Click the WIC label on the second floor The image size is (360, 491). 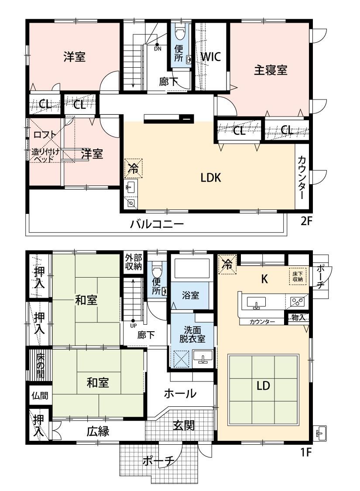[211, 57]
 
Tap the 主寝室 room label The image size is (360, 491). [271, 70]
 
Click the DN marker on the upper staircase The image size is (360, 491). [158, 49]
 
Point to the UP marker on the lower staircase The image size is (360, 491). [133, 326]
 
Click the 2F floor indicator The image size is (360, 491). [306, 221]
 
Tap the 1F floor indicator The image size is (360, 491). [306, 452]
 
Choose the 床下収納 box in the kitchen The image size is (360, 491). [298, 276]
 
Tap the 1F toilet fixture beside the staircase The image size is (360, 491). [156, 268]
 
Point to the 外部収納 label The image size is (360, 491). [134, 262]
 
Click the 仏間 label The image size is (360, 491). [40, 395]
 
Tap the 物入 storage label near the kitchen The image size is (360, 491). [298, 317]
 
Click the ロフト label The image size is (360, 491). [45, 135]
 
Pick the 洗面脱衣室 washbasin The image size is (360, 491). [203, 357]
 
